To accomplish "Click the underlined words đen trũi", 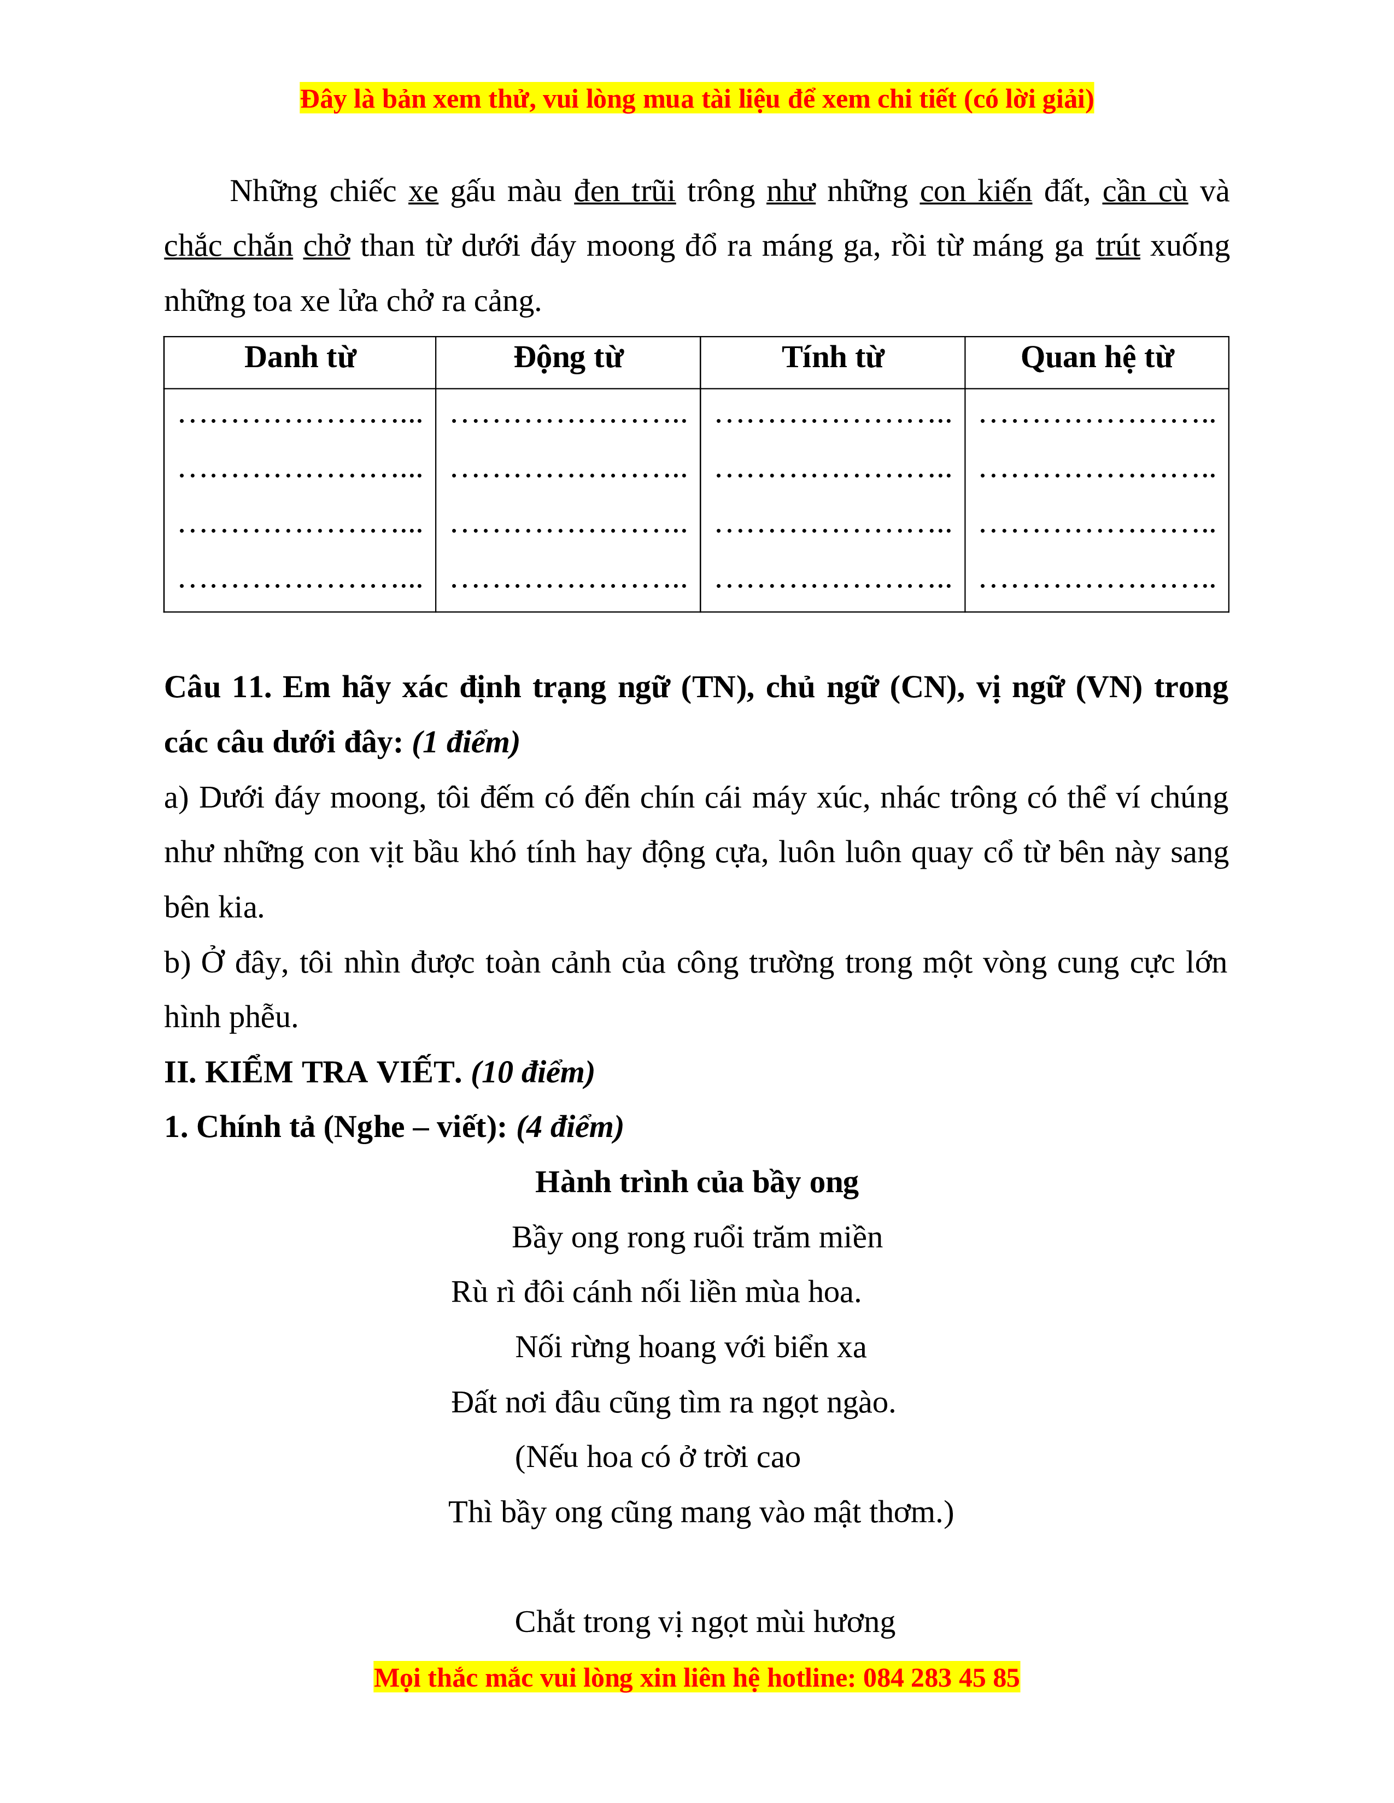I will [624, 192].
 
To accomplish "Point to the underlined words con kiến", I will [975, 192].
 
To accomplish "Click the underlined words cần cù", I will [1145, 192].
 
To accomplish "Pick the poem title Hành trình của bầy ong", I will [696, 1182].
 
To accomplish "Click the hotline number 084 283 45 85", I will [941, 1678].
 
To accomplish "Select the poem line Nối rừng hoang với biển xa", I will [690, 1347].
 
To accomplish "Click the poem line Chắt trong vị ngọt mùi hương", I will [705, 1622].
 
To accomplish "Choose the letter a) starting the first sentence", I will [176, 798].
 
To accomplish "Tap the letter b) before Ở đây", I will [177, 963].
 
